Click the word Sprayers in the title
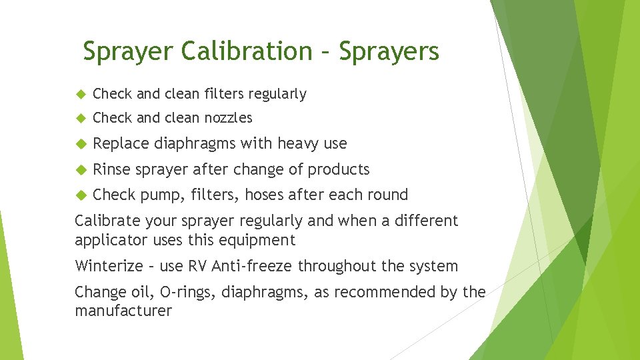coord(389,51)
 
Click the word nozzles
coord(228,118)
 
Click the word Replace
coord(121,143)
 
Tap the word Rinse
coord(111,169)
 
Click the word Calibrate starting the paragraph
coord(106,221)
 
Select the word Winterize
coord(109,266)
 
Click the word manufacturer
coord(123,311)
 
